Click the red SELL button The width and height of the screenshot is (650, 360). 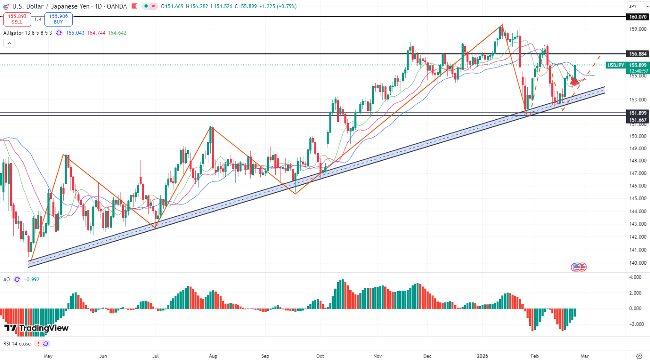[17, 19]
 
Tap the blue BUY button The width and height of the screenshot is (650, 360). [59, 19]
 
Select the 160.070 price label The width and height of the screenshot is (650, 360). [637, 17]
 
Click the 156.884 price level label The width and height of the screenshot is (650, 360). [637, 54]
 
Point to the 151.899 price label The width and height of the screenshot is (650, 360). [637, 113]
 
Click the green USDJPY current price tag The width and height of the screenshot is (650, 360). [616, 65]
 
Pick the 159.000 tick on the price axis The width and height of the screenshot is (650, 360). [637, 29]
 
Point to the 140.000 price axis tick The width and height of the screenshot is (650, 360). [637, 263]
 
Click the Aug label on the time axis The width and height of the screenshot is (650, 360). [213, 356]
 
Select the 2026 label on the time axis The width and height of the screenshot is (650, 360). [482, 356]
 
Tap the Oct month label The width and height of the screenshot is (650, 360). [320, 356]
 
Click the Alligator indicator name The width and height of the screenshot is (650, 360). [13, 33]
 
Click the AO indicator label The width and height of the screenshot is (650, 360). [6, 280]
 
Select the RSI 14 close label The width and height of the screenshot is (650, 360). [17, 344]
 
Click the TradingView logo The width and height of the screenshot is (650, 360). [36, 328]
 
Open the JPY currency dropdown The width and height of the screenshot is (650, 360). [636, 6]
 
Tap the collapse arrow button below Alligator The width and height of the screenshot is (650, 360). [9, 43]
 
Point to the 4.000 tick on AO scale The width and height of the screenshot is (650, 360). [635, 277]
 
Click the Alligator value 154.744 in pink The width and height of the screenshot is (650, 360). [96, 33]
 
